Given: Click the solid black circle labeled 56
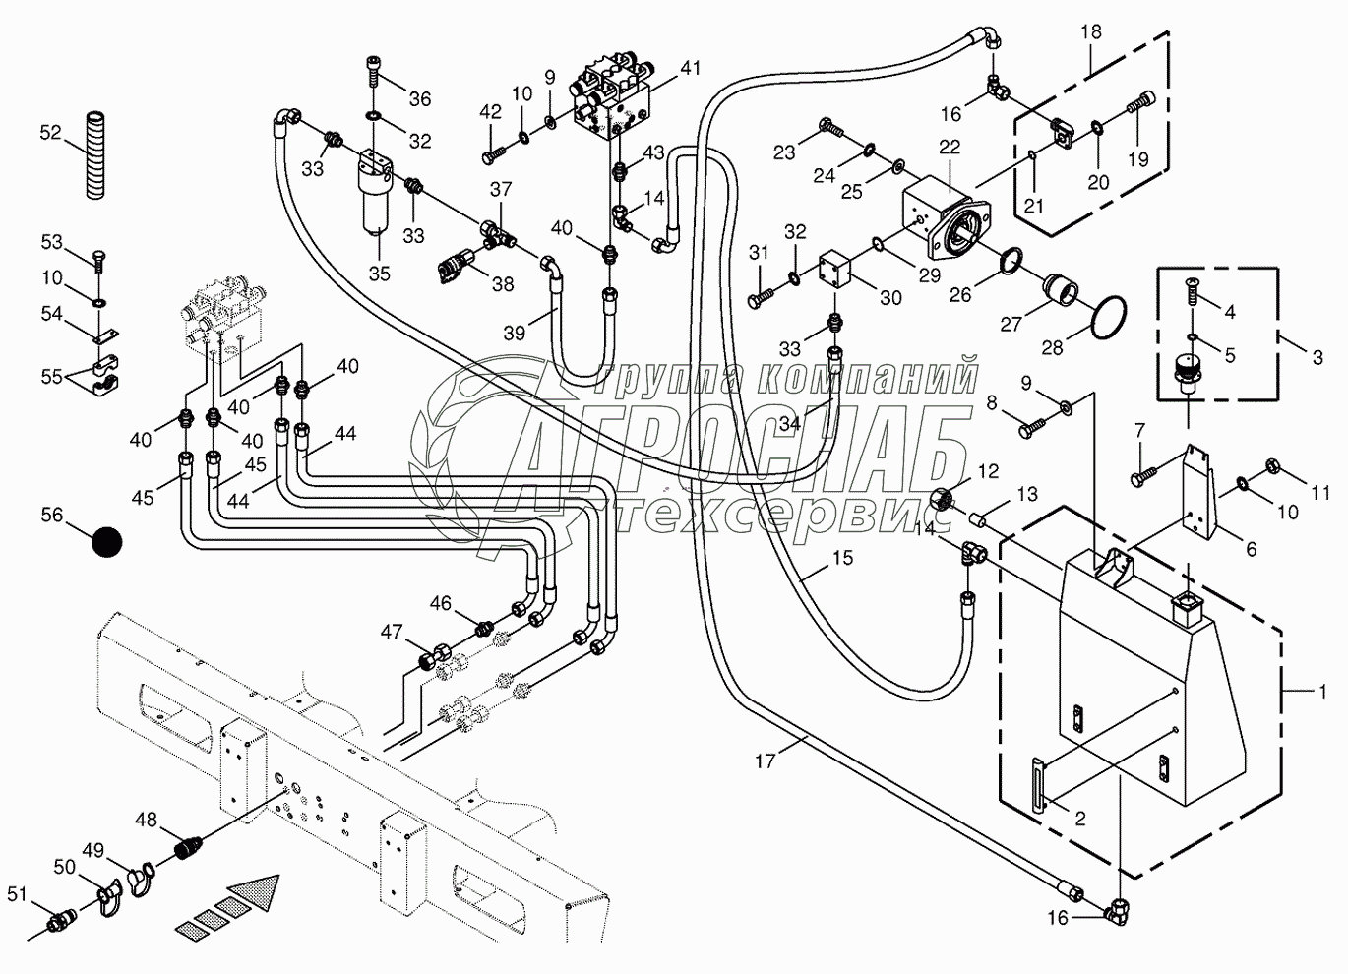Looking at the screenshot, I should coord(106,542).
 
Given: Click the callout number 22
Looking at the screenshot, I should coord(949,147).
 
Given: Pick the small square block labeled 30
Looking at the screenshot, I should coord(837,271).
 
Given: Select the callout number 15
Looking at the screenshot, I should coord(842,558).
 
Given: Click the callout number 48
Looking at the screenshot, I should coord(146,819).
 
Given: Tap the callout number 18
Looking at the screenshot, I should coord(1090,31).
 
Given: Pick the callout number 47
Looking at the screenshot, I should coord(392,632).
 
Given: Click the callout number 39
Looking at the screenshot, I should coord(514,334).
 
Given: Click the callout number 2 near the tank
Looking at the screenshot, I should coord(1079,818).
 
